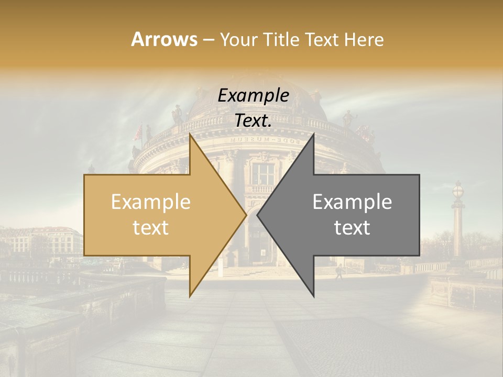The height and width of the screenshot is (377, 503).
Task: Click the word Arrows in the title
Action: pos(164,39)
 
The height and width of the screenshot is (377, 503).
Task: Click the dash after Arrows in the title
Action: pos(208,40)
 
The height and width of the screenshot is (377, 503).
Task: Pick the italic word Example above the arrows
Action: pos(253,96)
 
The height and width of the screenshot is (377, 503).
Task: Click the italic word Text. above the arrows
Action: pos(253,120)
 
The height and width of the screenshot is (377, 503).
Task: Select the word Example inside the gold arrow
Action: pos(151,202)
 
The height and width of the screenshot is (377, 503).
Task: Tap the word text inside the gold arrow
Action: pos(151,228)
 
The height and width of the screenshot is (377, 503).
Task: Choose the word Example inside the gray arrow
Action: pos(352,202)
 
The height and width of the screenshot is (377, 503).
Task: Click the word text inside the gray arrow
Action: pos(352,228)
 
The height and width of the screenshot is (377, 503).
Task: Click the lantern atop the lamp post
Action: pos(458,190)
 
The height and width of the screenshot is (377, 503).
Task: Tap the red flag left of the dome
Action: pos(138,133)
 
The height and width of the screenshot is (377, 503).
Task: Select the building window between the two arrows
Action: pos(263,174)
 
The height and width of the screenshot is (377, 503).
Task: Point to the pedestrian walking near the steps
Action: pos(339,271)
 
